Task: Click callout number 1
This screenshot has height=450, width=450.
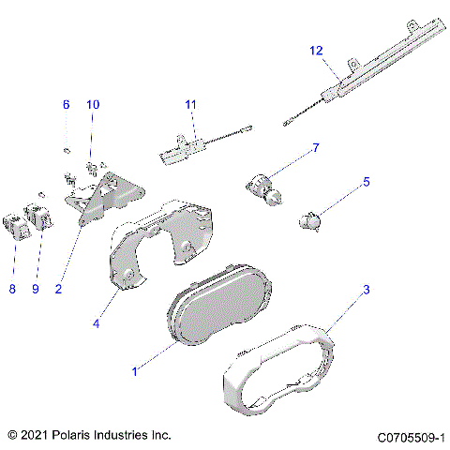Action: coord(135,372)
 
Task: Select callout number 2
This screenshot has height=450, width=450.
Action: coord(58,290)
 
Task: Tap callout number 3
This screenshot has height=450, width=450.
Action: coord(367,290)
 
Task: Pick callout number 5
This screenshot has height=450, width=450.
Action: coord(367,182)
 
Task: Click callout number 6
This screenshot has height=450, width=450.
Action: coord(66,105)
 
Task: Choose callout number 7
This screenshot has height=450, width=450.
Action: coord(316,148)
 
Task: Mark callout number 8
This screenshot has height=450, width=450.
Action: coord(12,290)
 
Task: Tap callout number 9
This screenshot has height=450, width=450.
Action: coord(35,290)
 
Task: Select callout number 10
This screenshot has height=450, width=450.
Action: coord(92,105)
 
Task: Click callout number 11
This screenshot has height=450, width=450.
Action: coord(191,104)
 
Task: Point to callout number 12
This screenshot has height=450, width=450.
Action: coord(316,50)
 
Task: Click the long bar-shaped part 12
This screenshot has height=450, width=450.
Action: coord(375,66)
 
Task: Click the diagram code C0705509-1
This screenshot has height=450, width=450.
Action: coord(411,436)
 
